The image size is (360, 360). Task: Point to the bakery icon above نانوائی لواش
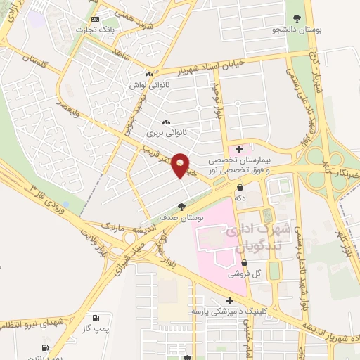(149, 75)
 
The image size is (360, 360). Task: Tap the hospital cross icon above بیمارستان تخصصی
(240, 149)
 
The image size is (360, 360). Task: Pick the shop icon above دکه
(240, 188)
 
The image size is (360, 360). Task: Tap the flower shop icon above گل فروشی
(244, 263)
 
